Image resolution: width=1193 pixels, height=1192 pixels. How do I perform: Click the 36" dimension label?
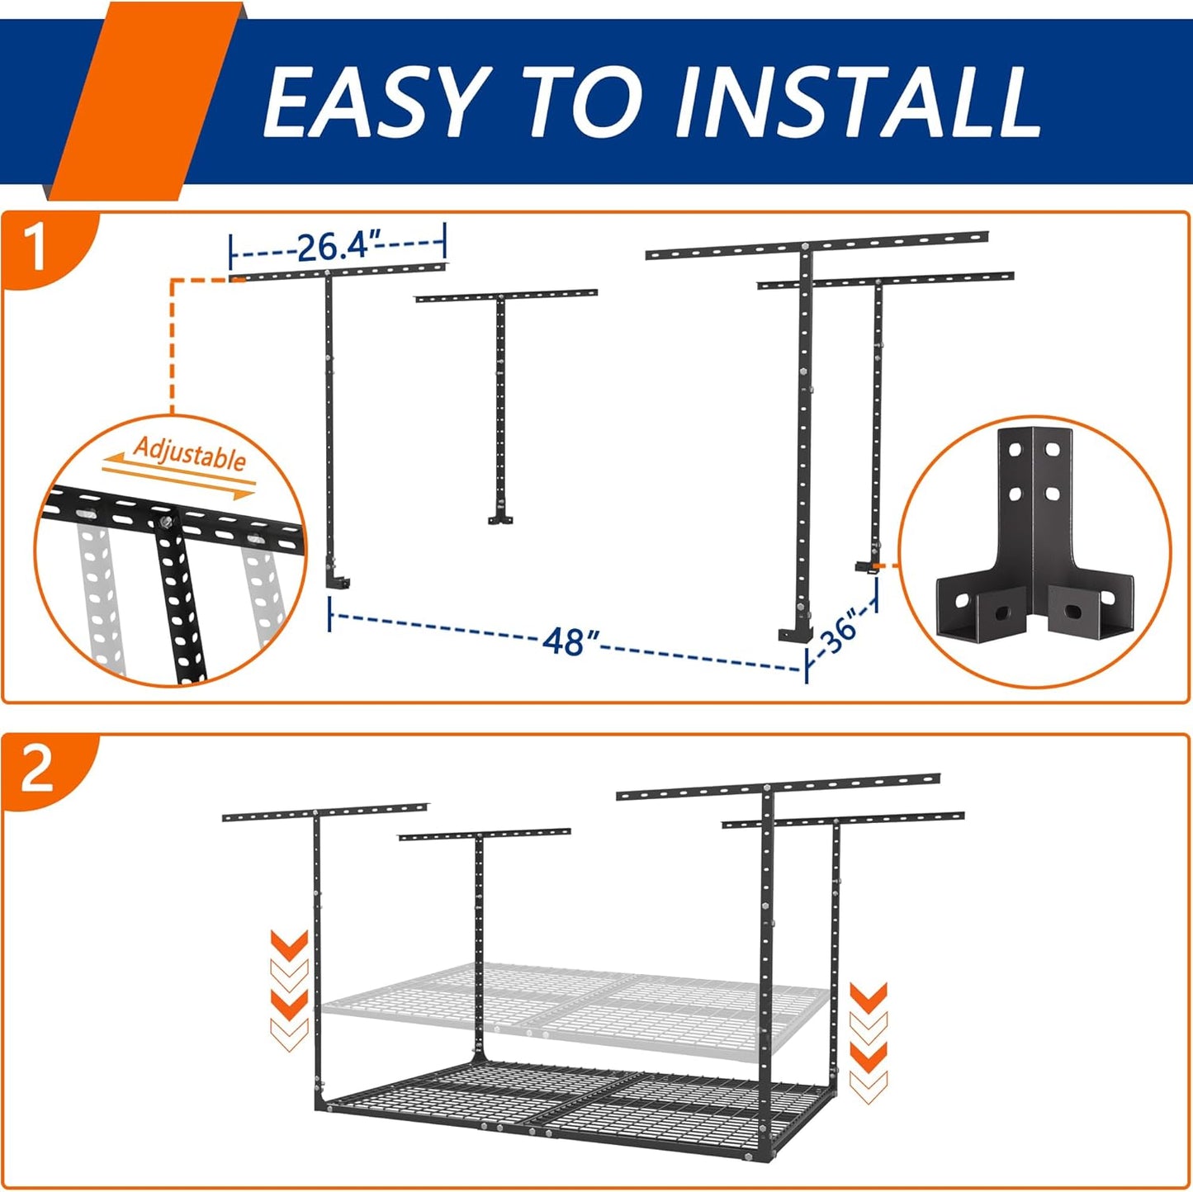[x=840, y=632]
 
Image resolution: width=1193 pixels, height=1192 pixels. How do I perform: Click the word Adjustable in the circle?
[x=190, y=454]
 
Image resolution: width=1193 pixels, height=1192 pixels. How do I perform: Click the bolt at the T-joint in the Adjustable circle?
[x=168, y=521]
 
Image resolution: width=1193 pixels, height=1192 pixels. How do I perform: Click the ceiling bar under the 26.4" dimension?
[x=338, y=271]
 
